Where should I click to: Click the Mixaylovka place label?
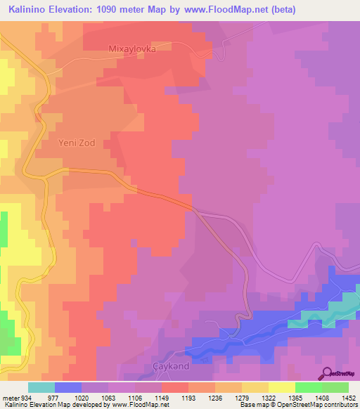point(131,49)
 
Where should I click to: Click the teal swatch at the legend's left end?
point(41,387)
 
